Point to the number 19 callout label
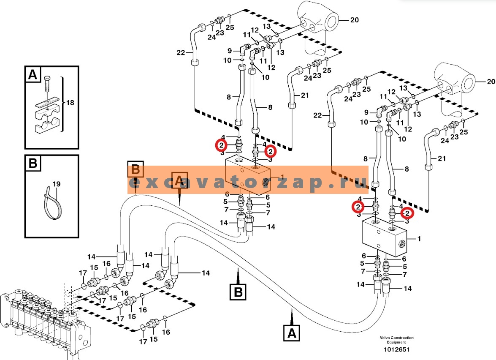[x=56, y=185]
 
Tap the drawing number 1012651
[x=396, y=349]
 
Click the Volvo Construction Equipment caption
[x=396, y=340]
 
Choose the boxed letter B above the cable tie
[x=33, y=164]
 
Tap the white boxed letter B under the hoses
[x=238, y=292]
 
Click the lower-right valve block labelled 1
[x=384, y=239]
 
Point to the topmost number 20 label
[x=354, y=19]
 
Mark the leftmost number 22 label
[x=181, y=52]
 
